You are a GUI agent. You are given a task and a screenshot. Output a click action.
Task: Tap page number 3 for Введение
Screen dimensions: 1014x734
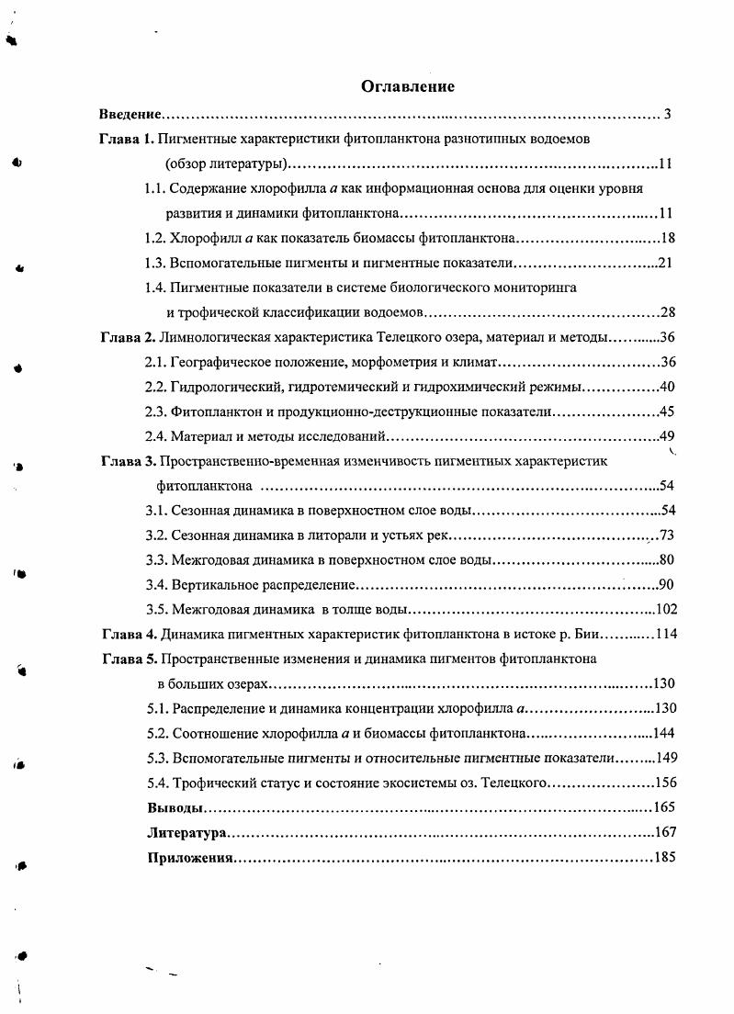pyautogui.click(x=668, y=115)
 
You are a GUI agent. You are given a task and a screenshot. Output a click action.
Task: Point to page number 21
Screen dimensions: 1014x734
pyautogui.click(x=667, y=264)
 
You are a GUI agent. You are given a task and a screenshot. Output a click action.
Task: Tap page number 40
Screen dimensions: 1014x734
pyautogui.click(x=667, y=387)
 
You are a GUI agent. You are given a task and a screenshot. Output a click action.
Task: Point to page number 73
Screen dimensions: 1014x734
pyautogui.click(x=667, y=535)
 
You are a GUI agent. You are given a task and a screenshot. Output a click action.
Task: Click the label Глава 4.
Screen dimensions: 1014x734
pyautogui.click(x=128, y=634)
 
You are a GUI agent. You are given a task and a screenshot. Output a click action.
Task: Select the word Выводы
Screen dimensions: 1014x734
pyautogui.click(x=175, y=808)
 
